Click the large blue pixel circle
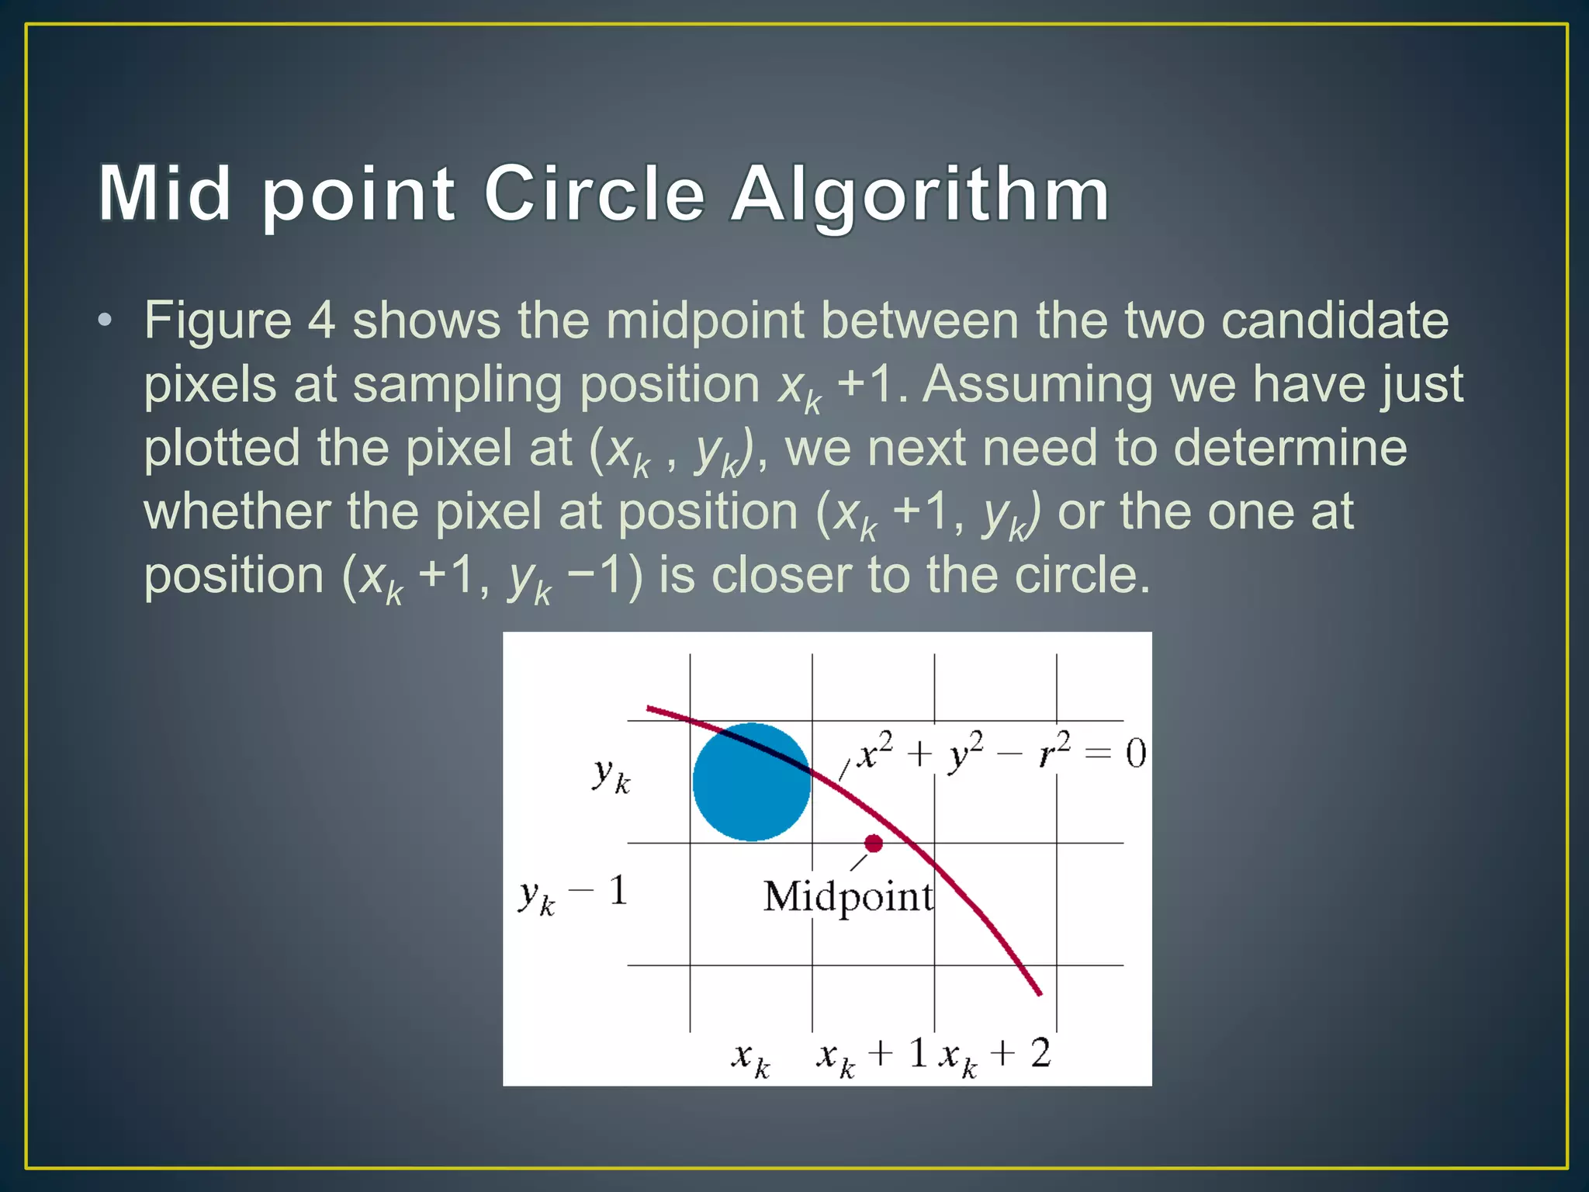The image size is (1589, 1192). click(751, 782)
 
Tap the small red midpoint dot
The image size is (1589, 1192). click(874, 844)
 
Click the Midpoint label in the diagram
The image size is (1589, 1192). click(848, 898)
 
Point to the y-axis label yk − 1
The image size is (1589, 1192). click(573, 894)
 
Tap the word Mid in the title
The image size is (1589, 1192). click(164, 194)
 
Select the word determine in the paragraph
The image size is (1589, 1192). click(1290, 449)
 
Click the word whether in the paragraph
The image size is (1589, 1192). click(237, 512)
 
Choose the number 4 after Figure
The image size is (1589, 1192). click(322, 321)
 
